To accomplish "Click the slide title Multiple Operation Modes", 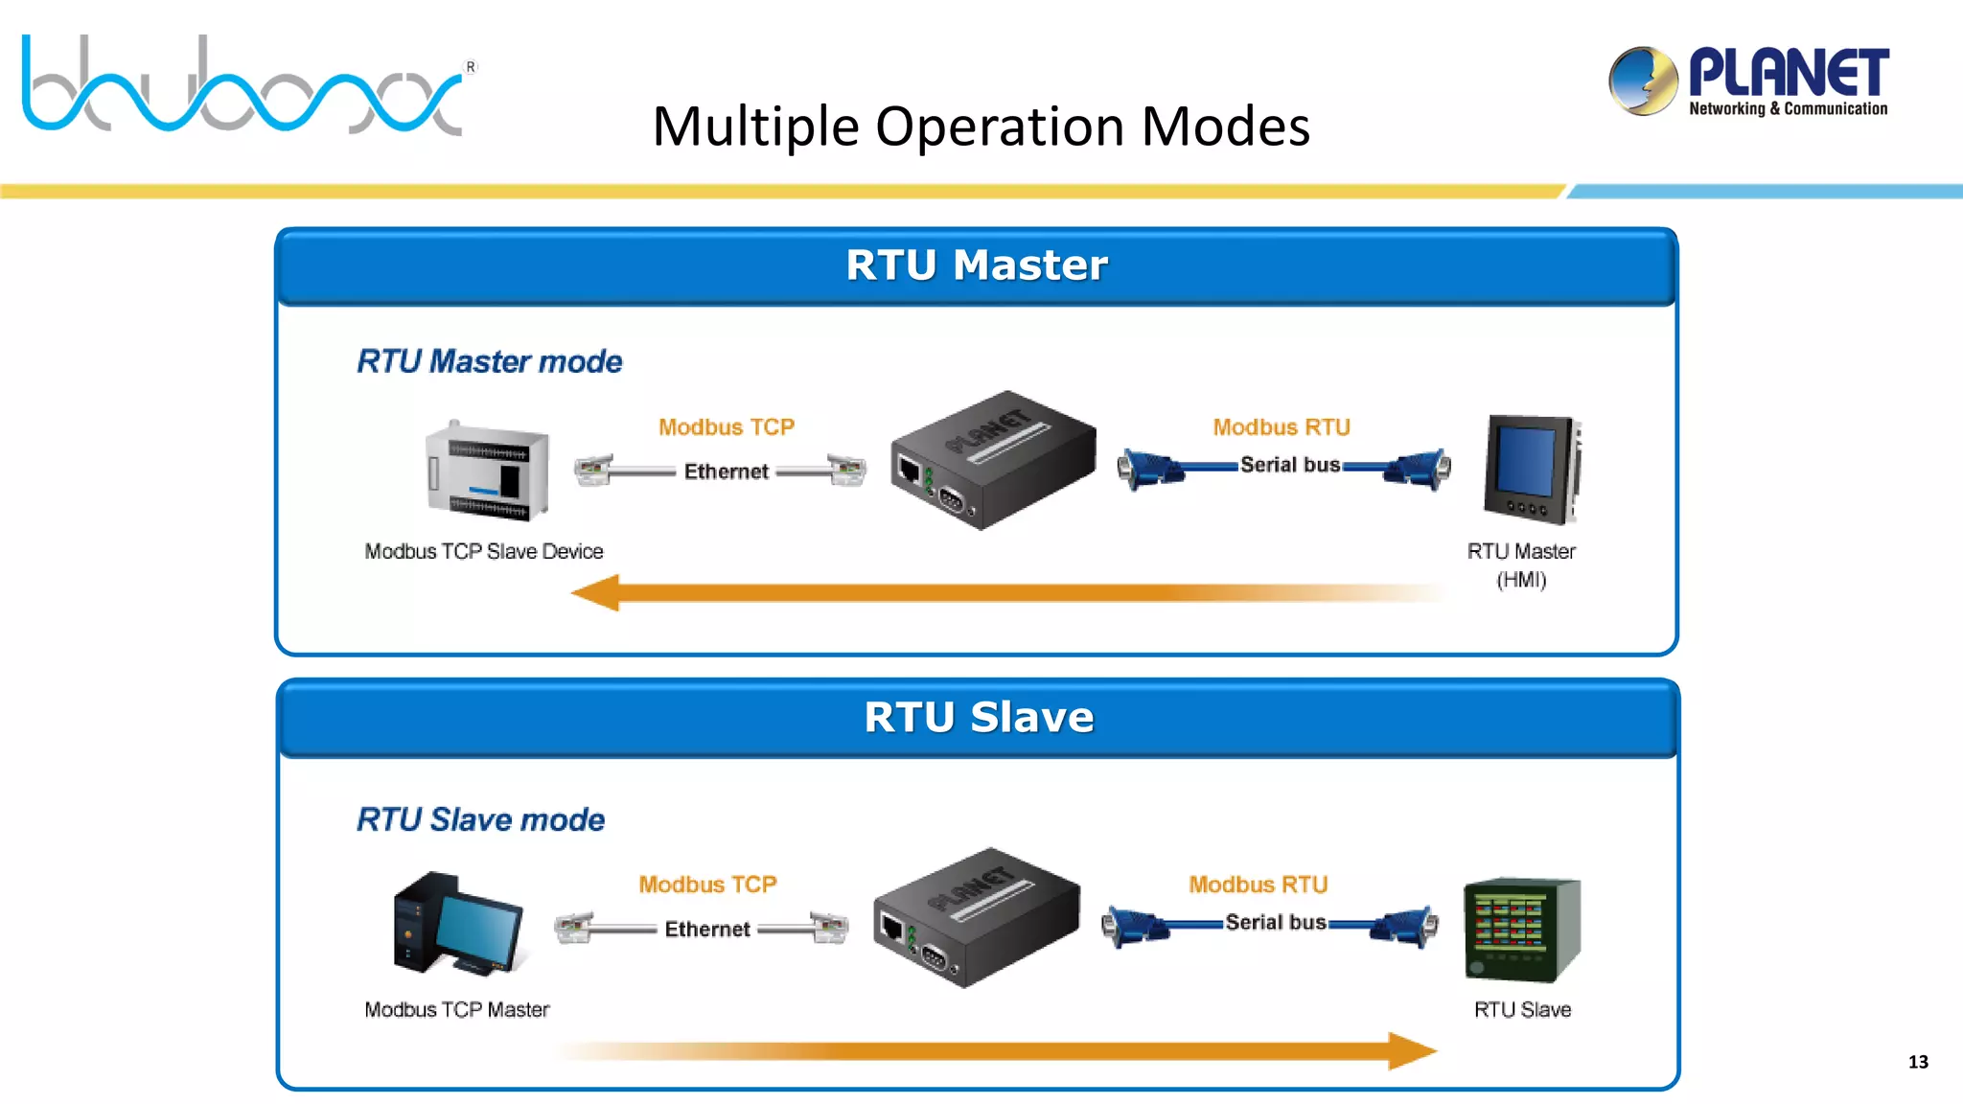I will [981, 126].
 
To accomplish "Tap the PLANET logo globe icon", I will [1643, 81].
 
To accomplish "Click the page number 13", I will [1917, 1062].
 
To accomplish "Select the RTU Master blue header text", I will [976, 265].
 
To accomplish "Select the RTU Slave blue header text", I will [978, 718].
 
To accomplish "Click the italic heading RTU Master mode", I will [489, 361].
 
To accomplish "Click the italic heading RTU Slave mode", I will [480, 819].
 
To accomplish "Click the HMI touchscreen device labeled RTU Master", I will [1531, 470].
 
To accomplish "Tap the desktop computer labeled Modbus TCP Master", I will [456, 924].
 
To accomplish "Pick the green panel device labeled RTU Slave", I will [1521, 930].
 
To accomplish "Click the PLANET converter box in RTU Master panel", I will [992, 460].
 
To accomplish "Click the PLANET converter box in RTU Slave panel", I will [975, 917].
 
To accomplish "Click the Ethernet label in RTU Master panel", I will [726, 471].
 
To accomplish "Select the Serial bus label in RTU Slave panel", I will [1275, 923].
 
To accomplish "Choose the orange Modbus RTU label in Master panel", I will [1281, 427].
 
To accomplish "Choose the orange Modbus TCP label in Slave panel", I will [707, 885].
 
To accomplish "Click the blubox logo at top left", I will [244, 86].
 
